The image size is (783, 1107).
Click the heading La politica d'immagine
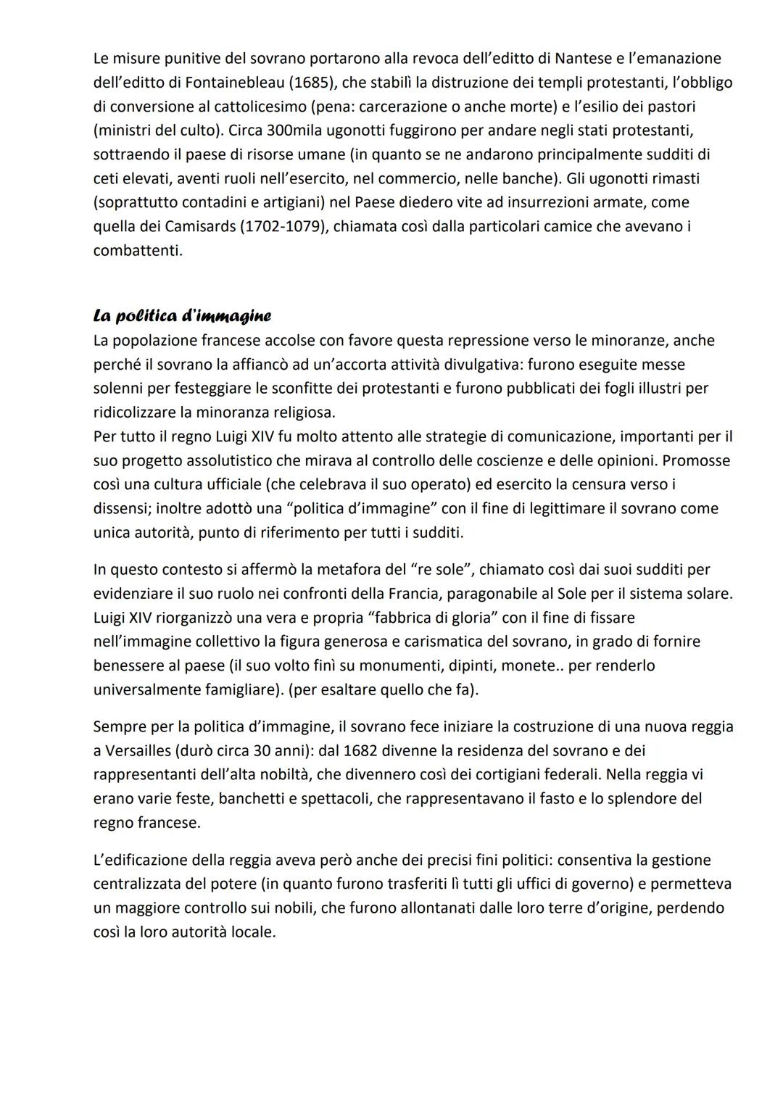coord(182,316)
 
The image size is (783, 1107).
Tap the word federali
coord(562,774)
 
